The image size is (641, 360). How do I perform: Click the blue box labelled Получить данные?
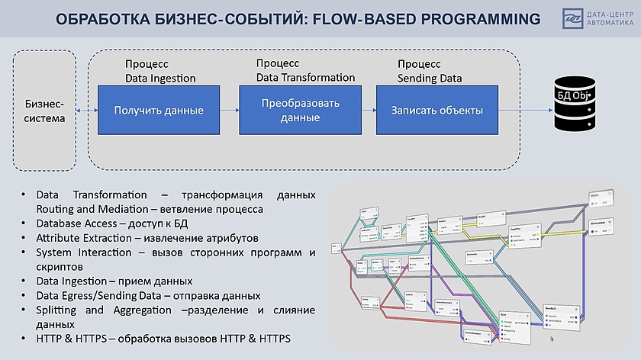(159, 111)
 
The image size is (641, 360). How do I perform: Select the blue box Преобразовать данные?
(300, 111)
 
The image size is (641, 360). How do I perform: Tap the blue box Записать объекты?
(436, 111)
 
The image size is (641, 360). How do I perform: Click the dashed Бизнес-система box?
(44, 111)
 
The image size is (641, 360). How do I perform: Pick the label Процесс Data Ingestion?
(160, 72)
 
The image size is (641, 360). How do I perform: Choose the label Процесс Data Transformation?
(305, 70)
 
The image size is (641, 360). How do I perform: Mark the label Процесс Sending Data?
(430, 72)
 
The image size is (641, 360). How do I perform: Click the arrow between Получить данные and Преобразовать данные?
(229, 111)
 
